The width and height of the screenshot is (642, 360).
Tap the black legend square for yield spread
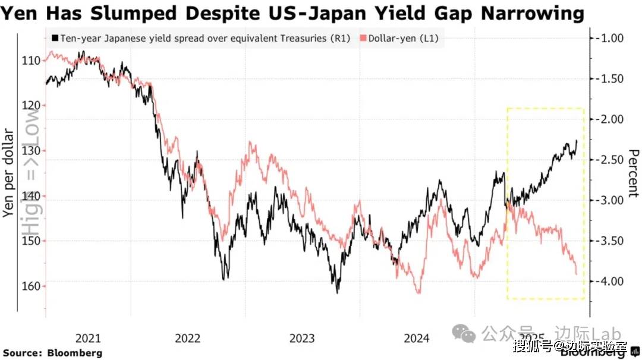(55, 39)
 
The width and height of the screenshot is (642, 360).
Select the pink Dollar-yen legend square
(363, 39)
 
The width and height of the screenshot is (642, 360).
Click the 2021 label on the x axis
(88, 339)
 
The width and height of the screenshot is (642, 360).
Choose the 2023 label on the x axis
(302, 339)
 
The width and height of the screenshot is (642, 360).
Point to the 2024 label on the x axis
(416, 339)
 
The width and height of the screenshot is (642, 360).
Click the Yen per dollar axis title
(8, 172)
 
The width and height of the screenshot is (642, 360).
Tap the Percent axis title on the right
(632, 172)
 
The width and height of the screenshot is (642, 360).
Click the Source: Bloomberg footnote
(53, 353)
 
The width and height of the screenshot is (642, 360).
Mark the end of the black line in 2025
(577, 140)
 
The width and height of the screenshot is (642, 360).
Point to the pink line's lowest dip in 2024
(418, 293)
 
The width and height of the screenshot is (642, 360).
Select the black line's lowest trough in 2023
(337, 292)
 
